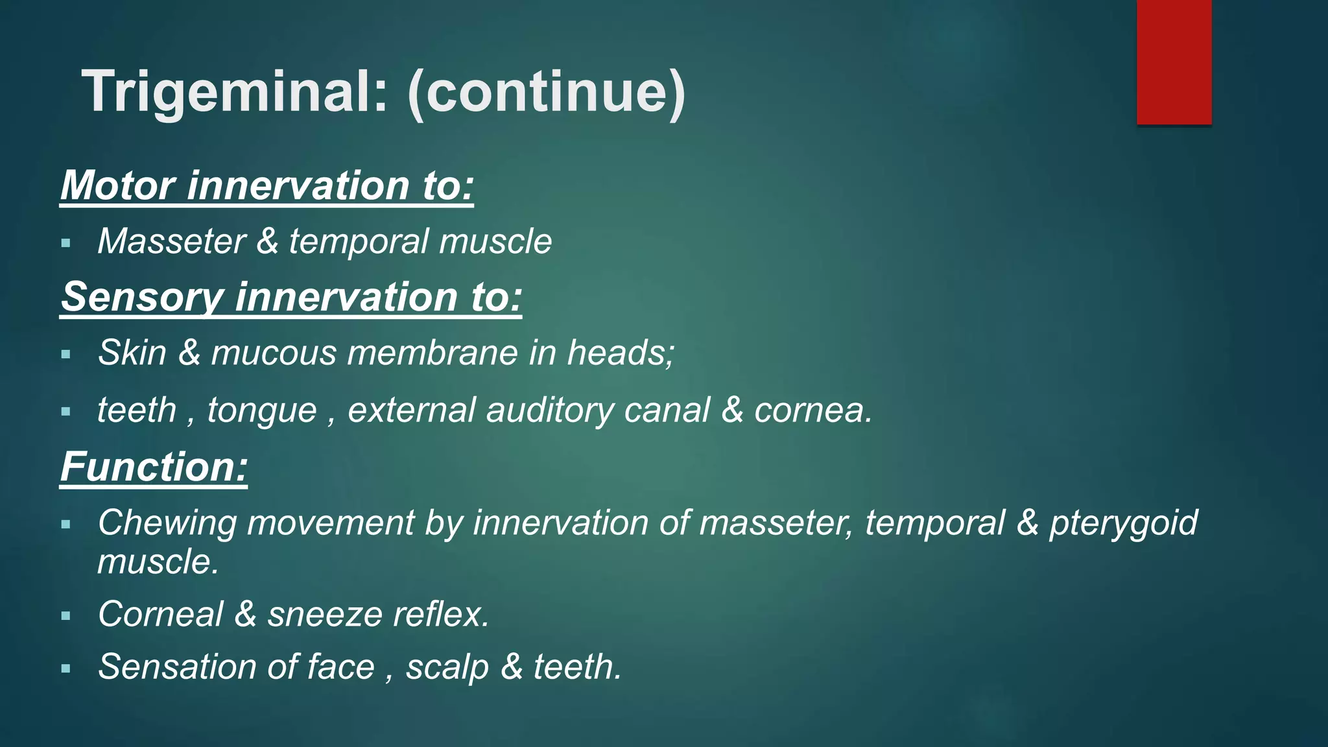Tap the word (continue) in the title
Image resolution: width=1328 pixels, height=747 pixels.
(546, 92)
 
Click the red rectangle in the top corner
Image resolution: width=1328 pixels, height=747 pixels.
(1174, 62)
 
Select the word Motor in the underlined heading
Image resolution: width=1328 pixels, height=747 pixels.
(118, 185)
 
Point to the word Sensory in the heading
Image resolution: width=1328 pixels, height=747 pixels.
(142, 297)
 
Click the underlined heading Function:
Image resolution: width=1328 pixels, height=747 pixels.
(154, 467)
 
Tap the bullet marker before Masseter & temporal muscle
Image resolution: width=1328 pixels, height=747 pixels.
(65, 244)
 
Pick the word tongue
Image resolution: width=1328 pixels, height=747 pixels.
(262, 410)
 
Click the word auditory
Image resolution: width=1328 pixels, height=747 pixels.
(550, 410)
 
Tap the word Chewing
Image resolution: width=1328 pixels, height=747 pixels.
(167, 523)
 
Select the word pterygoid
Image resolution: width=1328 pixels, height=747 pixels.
(1123, 523)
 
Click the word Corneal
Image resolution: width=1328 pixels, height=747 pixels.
(161, 614)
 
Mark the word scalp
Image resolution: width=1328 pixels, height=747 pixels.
(447, 667)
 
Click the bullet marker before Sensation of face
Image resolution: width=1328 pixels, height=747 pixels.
(65, 668)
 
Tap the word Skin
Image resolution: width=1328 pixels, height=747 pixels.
(132, 353)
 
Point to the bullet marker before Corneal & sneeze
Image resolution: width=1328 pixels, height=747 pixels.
(65, 615)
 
